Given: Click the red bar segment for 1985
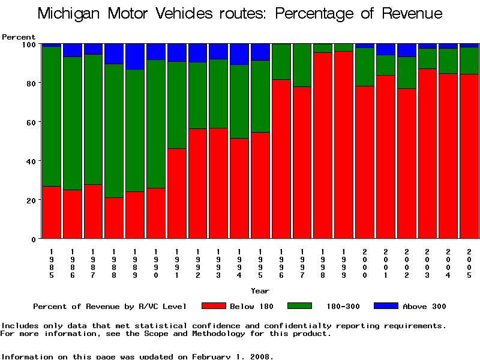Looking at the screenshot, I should tap(52, 212).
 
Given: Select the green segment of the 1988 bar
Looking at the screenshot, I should tap(114, 130).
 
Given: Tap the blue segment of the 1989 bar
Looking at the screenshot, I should tap(135, 56).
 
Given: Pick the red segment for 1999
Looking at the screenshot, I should tap(344, 145).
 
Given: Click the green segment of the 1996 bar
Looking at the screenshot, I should tap(281, 62).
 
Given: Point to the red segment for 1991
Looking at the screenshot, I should tap(176, 193).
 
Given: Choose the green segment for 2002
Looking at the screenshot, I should tap(406, 72).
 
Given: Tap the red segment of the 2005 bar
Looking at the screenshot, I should tap(469, 156).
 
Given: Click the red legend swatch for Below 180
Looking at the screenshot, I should tap(214, 306).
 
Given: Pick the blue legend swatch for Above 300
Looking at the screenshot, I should tap(386, 306).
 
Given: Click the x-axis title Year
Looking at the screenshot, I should tap(260, 291).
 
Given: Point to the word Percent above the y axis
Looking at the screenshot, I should tap(19, 37).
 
